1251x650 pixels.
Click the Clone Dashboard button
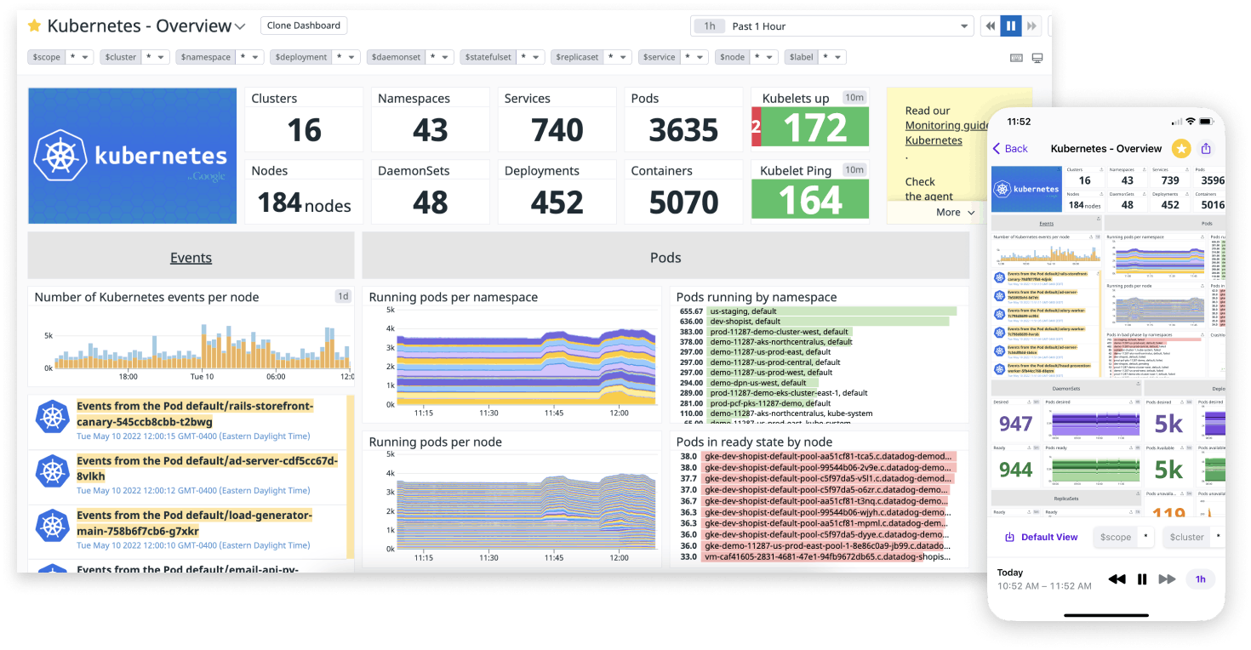(x=303, y=26)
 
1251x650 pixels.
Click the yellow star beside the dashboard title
(x=35, y=26)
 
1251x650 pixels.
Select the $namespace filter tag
(x=204, y=57)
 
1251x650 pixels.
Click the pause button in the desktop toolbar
(x=1010, y=26)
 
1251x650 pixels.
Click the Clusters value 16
(x=304, y=130)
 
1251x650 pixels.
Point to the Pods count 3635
(x=683, y=130)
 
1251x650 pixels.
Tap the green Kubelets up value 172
(x=814, y=128)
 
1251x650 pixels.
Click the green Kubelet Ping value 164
(x=809, y=201)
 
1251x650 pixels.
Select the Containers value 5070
(x=683, y=203)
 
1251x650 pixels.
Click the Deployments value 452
(x=557, y=203)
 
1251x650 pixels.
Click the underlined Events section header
(x=191, y=258)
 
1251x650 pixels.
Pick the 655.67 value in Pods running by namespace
(x=691, y=311)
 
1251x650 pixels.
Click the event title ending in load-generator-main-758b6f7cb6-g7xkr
(x=195, y=523)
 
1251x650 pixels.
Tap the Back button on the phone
(x=1011, y=149)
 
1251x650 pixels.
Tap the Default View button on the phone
(x=1042, y=538)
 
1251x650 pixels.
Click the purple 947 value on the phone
(x=1015, y=424)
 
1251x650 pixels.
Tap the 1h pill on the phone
(x=1200, y=579)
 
